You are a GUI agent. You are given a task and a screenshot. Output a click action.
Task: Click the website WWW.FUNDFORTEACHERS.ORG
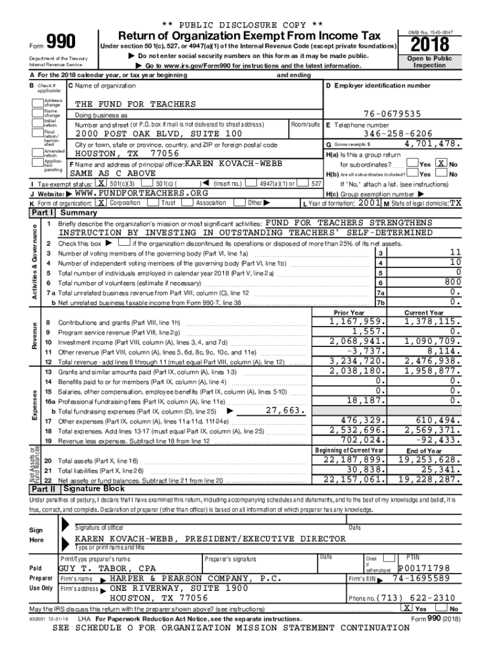click(141, 193)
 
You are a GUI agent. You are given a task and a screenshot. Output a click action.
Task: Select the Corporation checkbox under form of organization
click(101, 202)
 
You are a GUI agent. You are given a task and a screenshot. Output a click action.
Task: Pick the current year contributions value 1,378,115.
click(427, 322)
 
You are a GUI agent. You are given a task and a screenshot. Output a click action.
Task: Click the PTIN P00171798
click(424, 568)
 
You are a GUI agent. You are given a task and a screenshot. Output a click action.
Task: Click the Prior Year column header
click(349, 313)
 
